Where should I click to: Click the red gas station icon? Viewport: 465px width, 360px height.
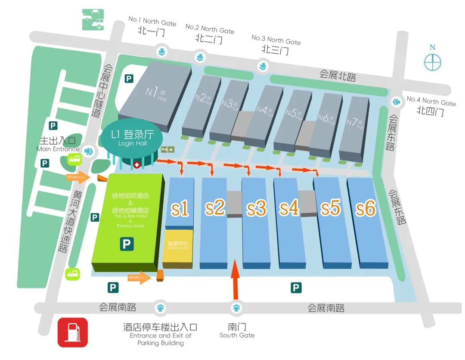pos(73,332)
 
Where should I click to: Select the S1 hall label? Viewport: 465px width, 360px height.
pos(180,209)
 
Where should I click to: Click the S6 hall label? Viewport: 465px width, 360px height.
pos(366,209)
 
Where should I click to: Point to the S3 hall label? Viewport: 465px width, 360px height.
pos(257,209)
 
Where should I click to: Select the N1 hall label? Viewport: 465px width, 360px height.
pos(155,92)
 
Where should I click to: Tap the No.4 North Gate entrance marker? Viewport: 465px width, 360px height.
pos(396,102)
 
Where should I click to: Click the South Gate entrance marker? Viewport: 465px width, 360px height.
pos(236,308)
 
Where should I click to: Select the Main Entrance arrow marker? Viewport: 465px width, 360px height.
pos(89,151)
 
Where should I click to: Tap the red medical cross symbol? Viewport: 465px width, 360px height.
pos(137,165)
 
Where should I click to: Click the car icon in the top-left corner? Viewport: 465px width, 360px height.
pos(93,19)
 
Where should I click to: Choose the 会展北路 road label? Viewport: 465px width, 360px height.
pos(338,75)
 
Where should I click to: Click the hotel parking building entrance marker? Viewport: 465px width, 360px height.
pos(161,308)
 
